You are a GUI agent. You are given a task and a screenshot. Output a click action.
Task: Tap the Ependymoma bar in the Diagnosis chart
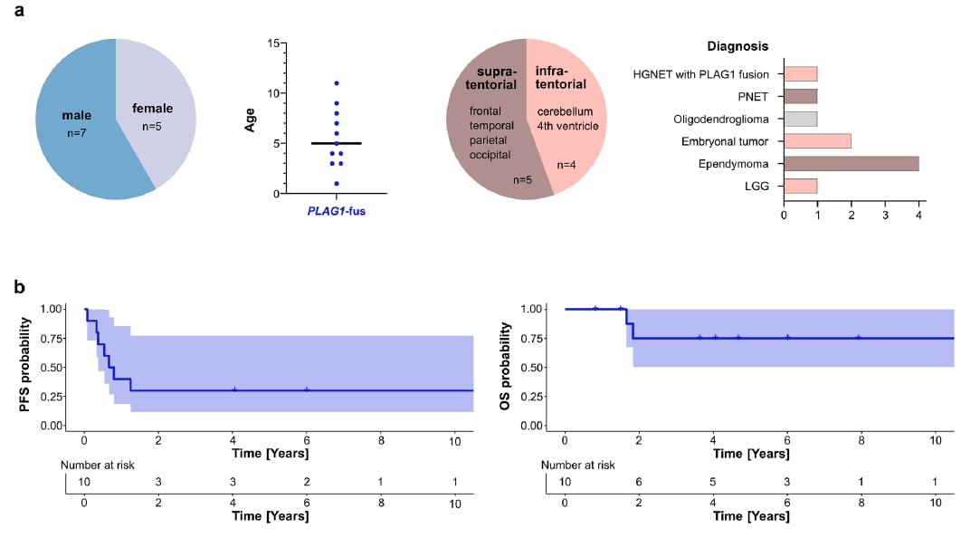pos(851,163)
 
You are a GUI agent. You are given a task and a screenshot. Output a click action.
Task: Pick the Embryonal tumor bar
pos(817,140)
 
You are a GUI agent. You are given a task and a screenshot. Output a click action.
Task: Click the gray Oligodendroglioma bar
pos(800,119)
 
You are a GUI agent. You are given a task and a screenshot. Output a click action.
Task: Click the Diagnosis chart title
pos(737,46)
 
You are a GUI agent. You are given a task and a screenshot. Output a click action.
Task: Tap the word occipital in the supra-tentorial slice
pos(491,154)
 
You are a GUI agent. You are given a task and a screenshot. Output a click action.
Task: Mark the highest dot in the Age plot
pos(337,83)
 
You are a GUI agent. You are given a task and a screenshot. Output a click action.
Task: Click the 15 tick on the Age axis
pos(271,43)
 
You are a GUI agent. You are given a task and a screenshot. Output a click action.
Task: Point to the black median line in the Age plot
pos(337,143)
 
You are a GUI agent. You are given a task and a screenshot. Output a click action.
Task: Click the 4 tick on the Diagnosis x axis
pos(918,215)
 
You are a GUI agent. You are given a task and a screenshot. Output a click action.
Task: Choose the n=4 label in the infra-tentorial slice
pos(566,165)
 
